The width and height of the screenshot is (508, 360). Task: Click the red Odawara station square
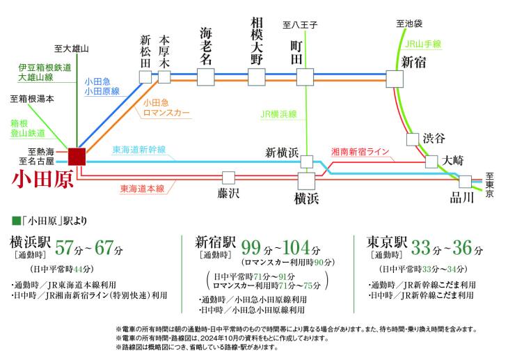pyautogui.click(x=77, y=157)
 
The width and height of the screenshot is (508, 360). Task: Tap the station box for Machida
pyautogui.click(x=305, y=77)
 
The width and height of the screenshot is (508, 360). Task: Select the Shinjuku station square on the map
pyautogui.click(x=395, y=79)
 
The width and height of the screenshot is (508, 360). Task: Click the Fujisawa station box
pyautogui.click(x=228, y=178)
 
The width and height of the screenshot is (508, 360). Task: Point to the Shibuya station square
pyautogui.click(x=413, y=139)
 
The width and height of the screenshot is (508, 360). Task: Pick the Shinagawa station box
pyautogui.click(x=466, y=182)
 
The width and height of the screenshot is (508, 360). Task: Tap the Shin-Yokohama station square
pyautogui.click(x=307, y=162)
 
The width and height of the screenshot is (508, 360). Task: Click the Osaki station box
pyautogui.click(x=431, y=162)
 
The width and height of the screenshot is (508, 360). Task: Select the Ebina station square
pyautogui.click(x=206, y=77)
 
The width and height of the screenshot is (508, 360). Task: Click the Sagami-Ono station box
pyautogui.click(x=257, y=77)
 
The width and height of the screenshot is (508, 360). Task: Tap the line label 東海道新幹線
pyautogui.click(x=139, y=150)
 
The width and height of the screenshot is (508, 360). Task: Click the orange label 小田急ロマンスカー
pyautogui.click(x=166, y=108)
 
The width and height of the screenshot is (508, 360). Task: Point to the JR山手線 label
pyautogui.click(x=423, y=44)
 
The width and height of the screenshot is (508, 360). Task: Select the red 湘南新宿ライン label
pyautogui.click(x=360, y=152)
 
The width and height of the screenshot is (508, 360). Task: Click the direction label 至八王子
pyautogui.click(x=300, y=24)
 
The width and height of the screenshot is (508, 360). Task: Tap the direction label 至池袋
pyautogui.click(x=409, y=24)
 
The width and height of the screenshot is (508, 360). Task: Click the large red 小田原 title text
pyautogui.click(x=42, y=180)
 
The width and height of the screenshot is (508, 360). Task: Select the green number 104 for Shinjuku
pyautogui.click(x=296, y=248)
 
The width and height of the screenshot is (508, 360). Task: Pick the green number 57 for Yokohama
pyautogui.click(x=65, y=248)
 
